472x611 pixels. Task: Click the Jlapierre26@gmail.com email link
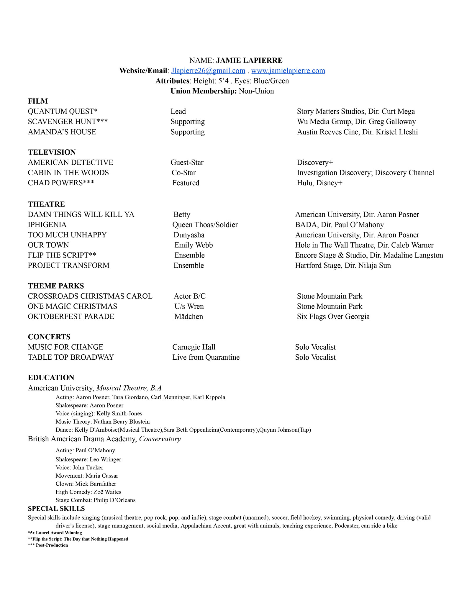click(208, 71)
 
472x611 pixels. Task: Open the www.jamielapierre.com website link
click(288, 71)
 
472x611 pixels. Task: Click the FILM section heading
click(38, 101)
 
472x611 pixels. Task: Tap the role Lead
click(178, 112)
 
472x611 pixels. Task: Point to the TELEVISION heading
click(52, 152)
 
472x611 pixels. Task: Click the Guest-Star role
click(187, 163)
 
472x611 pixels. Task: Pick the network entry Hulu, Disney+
click(319, 183)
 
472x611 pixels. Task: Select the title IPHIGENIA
click(47, 225)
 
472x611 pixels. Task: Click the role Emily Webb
click(194, 245)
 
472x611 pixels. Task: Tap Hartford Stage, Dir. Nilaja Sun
click(343, 266)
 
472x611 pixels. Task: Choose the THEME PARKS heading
click(56, 286)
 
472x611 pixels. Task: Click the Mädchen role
click(189, 317)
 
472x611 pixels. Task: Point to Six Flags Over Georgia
click(333, 317)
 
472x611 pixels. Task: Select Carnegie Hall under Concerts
click(194, 347)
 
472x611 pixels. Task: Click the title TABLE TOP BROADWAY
click(71, 357)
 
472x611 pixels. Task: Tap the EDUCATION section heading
click(51, 378)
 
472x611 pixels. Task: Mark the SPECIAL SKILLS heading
click(56, 509)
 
